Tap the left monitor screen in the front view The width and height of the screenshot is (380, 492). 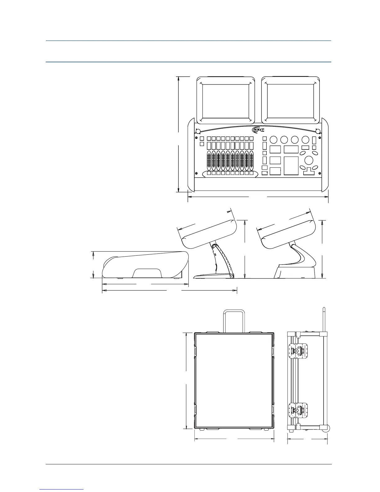226,102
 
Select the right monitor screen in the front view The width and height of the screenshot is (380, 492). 291,102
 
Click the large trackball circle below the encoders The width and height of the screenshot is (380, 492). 309,160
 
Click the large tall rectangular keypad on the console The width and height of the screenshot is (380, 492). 291,166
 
